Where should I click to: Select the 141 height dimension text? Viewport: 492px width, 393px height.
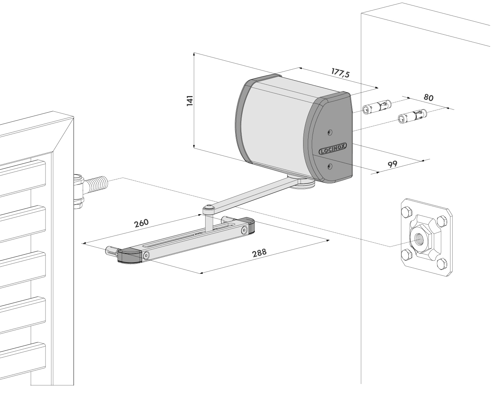click(190, 100)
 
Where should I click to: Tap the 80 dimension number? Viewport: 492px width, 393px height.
click(428, 98)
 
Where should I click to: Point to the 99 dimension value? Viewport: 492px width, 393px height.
click(393, 164)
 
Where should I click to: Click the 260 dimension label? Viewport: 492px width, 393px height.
click(141, 223)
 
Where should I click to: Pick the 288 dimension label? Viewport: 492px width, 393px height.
click(259, 252)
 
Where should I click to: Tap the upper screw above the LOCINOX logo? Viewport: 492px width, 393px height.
click(329, 132)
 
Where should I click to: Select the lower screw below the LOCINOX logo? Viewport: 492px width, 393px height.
click(329, 166)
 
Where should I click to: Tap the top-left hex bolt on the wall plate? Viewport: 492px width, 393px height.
click(406, 212)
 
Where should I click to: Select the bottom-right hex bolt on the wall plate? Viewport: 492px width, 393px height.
click(441, 265)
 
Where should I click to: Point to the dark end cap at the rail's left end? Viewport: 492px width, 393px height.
click(129, 256)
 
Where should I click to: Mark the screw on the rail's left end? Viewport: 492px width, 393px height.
click(146, 255)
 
